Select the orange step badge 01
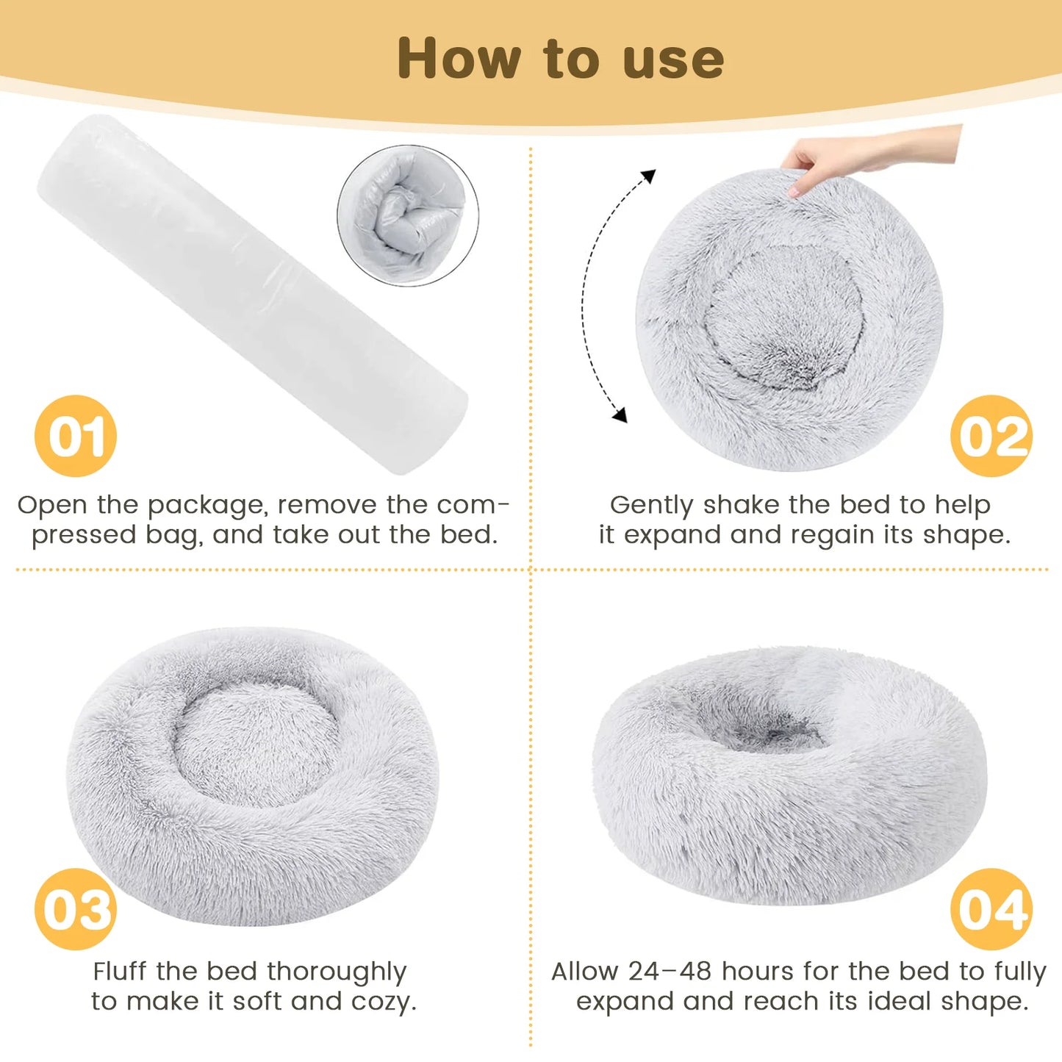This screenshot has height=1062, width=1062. point(76,436)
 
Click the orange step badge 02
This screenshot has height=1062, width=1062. point(991,436)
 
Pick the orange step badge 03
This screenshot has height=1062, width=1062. point(76,909)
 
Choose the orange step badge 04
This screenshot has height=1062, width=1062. point(991,909)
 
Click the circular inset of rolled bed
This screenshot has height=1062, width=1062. point(408,215)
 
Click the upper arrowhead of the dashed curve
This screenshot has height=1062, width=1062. point(647,176)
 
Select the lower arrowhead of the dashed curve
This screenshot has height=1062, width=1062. point(620,415)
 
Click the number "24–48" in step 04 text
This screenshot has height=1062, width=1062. point(670,972)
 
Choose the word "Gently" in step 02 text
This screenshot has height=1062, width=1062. point(651,506)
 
